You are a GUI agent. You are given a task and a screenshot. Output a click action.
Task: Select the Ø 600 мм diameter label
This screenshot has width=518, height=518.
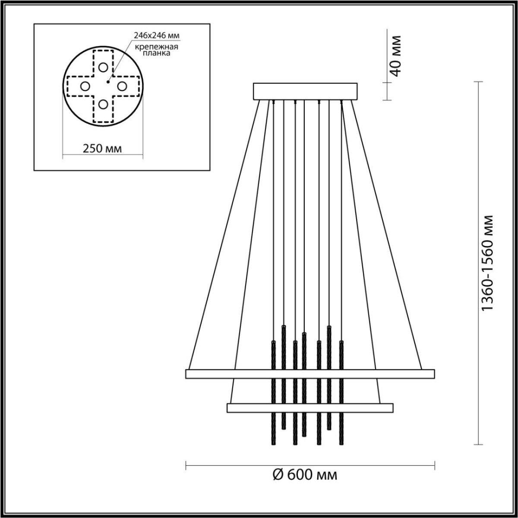(306, 475)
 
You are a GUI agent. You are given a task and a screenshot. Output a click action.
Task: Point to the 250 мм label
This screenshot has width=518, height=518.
(102, 148)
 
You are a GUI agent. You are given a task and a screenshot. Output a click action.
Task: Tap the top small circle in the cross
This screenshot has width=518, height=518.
(103, 67)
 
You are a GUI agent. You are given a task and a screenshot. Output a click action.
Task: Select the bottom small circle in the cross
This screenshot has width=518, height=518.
(103, 104)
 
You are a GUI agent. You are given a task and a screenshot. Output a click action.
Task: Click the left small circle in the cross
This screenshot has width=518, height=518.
(85, 86)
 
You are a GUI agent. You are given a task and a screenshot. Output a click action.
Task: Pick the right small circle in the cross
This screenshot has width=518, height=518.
(121, 86)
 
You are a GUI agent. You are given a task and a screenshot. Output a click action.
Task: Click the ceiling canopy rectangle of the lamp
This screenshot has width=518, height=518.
(306, 92)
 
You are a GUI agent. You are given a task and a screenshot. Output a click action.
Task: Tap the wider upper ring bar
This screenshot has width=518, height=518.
(310, 374)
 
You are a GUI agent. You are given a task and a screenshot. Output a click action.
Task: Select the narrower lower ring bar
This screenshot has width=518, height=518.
(310, 407)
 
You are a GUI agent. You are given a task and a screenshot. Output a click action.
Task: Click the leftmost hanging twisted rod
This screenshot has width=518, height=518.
(273, 393)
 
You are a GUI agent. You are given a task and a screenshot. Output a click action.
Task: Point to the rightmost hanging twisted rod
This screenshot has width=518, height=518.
(341, 393)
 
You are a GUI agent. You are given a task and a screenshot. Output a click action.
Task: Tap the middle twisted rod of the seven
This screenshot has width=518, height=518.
(305, 384)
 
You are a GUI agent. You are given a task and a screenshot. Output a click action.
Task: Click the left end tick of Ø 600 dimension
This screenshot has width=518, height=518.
(186, 466)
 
